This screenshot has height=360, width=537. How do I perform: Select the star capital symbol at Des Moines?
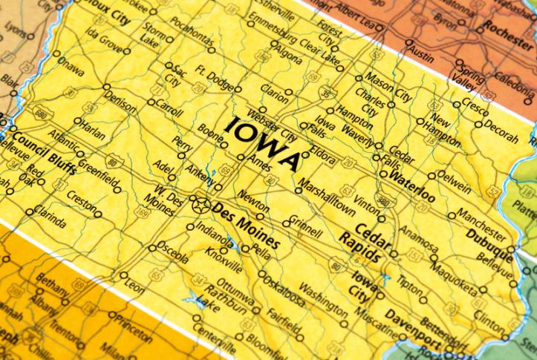pos(198,202)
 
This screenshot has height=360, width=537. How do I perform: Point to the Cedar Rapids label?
pos(365,240)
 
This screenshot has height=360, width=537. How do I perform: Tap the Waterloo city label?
pos(412,186)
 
